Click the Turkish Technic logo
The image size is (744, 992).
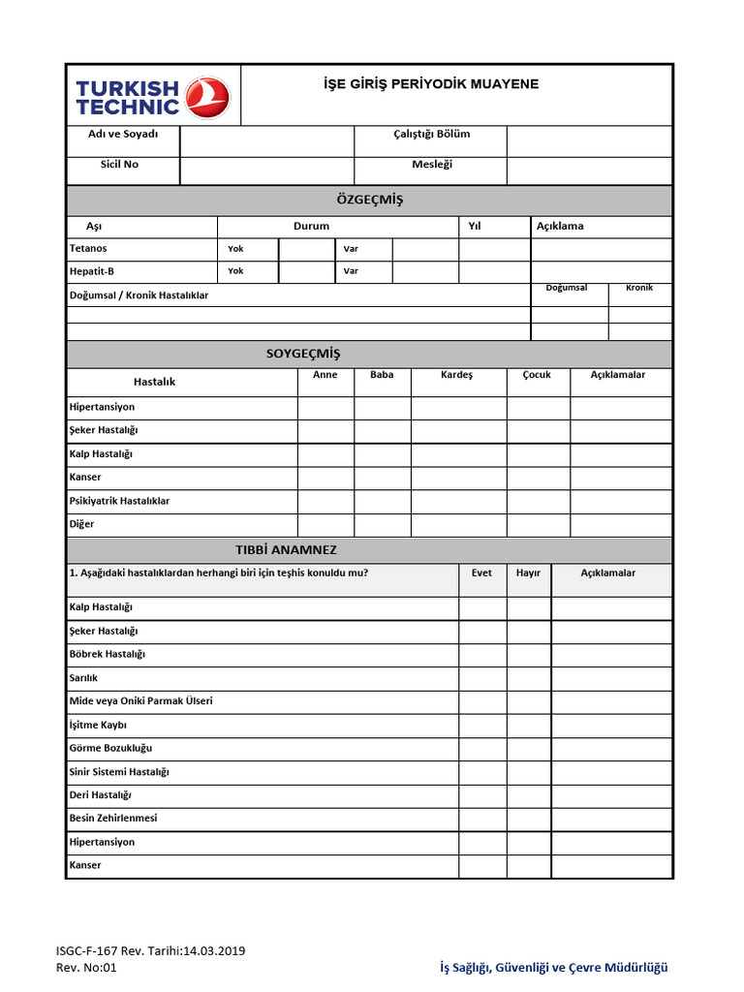[153, 96]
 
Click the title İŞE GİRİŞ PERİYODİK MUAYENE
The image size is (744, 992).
[430, 84]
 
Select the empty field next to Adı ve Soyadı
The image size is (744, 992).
[266, 140]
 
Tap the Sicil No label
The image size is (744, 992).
[119, 165]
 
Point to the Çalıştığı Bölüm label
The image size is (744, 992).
[431, 135]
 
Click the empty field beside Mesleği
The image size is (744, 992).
[589, 170]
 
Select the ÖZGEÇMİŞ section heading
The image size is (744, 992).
[369, 201]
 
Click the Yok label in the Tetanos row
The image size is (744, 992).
[235, 249]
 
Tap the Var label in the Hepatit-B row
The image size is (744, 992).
[351, 272]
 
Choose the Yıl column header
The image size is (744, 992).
[475, 227]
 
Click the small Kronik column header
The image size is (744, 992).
[639, 289]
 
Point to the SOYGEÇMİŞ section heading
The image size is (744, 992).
[303, 355]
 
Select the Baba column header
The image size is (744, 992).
[382, 376]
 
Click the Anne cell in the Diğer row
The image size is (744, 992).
[325, 525]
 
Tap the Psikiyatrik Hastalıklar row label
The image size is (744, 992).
[119, 502]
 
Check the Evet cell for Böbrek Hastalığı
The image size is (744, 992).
[481, 655]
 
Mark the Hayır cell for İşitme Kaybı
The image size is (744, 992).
[528, 726]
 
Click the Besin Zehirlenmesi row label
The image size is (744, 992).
[113, 819]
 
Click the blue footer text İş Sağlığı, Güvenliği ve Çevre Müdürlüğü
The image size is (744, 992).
[553, 967]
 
